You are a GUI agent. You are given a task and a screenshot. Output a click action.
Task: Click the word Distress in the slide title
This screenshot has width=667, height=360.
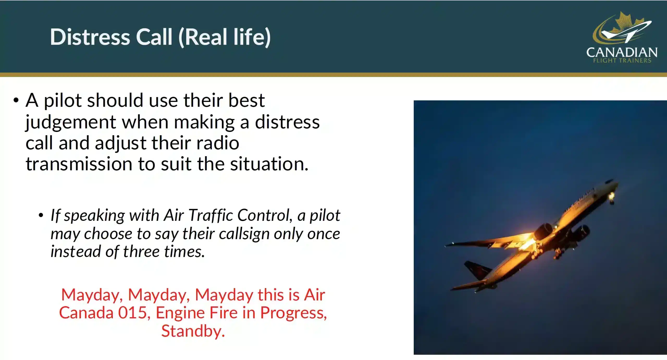point(90,37)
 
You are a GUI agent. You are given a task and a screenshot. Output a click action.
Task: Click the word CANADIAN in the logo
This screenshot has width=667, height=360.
point(622,52)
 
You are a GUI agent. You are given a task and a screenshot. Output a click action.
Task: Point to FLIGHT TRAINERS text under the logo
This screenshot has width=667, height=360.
point(622,60)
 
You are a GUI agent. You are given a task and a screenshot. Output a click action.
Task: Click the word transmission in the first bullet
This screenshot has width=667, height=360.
point(79,164)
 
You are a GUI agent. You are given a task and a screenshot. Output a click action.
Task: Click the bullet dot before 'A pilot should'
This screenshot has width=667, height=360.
point(16,100)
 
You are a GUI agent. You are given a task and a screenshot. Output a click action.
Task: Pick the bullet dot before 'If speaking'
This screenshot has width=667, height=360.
point(41,215)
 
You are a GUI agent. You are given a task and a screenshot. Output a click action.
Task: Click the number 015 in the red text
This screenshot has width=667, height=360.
point(132,313)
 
